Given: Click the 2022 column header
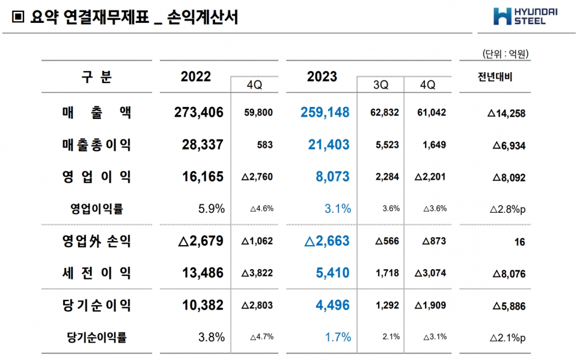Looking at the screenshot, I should pyautogui.click(x=196, y=77).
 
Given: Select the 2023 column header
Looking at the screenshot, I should pyautogui.click(x=322, y=77).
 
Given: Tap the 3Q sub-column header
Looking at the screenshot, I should pyautogui.click(x=380, y=85).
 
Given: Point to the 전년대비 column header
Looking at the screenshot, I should pyautogui.click(x=495, y=77).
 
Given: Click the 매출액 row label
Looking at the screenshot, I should pyautogui.click(x=96, y=112).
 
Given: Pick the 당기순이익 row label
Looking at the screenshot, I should pyautogui.click(x=96, y=305).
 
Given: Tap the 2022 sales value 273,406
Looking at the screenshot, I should pyautogui.click(x=198, y=112).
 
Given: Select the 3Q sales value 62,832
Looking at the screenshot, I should pyautogui.click(x=382, y=112).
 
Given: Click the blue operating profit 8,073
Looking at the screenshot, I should pyautogui.click(x=332, y=177).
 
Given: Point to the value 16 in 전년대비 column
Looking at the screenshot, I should pyautogui.click(x=520, y=242).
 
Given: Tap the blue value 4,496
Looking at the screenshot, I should pyautogui.click(x=332, y=305).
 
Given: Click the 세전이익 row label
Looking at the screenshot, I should pyautogui.click(x=96, y=273).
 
